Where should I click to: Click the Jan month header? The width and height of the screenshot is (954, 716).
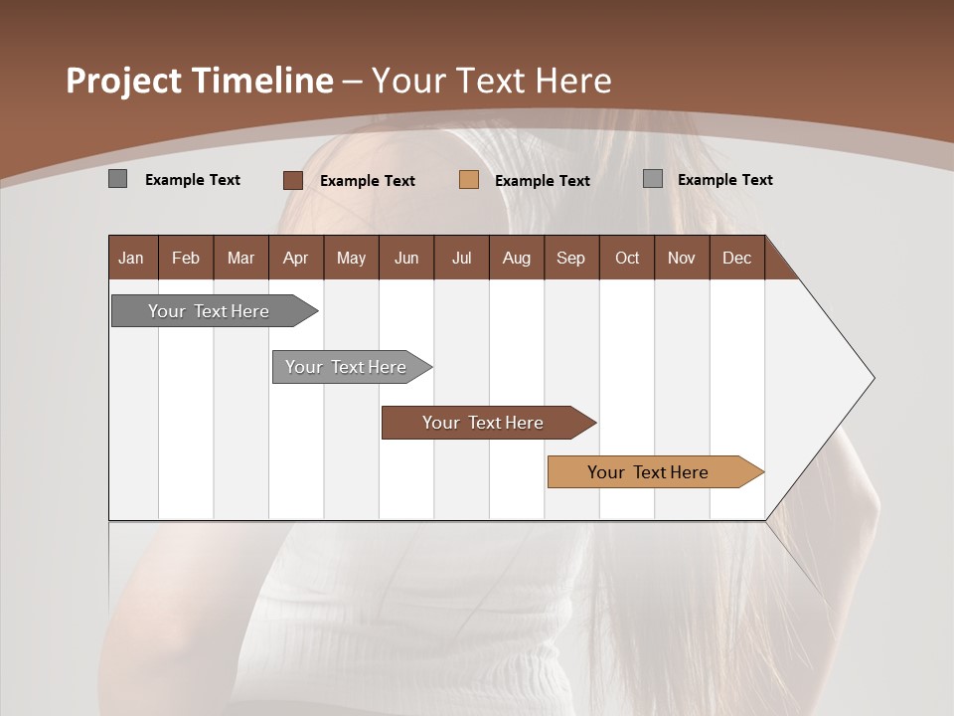tap(131, 258)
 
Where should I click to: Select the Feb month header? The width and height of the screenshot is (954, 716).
tap(186, 258)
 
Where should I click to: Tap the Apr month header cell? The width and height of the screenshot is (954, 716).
tap(296, 258)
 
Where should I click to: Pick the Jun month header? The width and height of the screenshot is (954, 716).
tap(406, 258)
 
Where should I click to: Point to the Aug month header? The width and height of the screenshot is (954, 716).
tap(517, 258)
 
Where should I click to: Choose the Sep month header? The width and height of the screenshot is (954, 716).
tap(571, 258)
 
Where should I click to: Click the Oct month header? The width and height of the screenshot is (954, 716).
tap(627, 258)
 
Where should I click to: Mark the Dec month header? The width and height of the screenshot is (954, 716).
tap(737, 258)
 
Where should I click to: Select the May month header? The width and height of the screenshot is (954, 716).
tap(351, 258)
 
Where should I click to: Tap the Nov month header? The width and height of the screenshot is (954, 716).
tap(682, 258)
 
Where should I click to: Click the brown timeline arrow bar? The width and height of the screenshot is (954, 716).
tap(487, 423)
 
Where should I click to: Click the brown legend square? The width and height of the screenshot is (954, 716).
tap(293, 180)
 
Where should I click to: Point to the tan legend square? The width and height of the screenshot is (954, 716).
tap(469, 180)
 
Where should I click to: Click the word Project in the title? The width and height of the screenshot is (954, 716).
tap(123, 81)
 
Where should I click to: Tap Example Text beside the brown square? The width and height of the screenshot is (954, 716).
tap(368, 181)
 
